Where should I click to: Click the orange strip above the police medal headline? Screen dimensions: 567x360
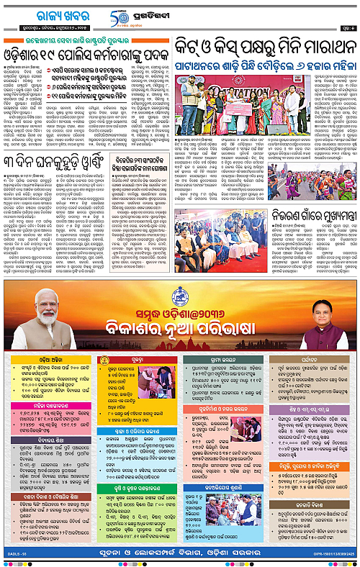tap(86, 41)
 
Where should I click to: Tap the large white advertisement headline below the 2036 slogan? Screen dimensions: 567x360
tap(179, 330)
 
